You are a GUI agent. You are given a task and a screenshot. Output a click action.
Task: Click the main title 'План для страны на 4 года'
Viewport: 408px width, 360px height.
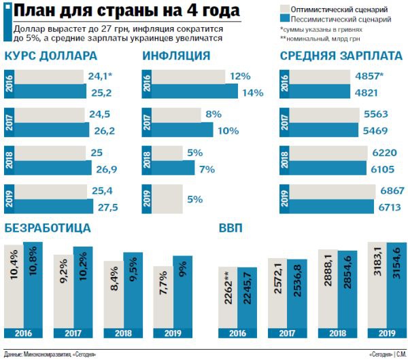[126, 12]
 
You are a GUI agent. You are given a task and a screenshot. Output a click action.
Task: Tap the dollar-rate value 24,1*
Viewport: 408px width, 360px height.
[101, 77]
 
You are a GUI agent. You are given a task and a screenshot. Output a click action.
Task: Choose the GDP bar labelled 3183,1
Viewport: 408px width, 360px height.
[377, 285]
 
